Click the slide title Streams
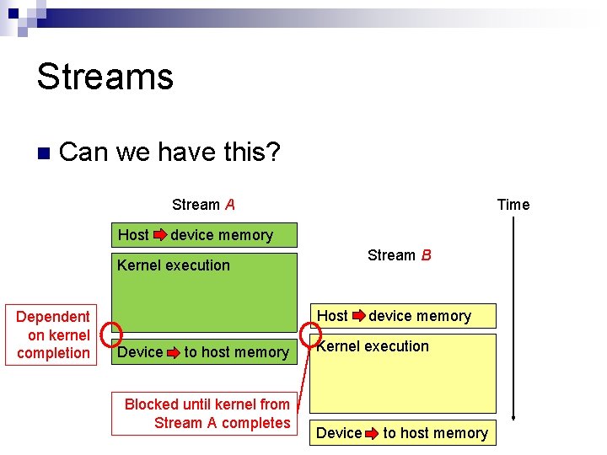[x=105, y=76]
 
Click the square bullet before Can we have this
[x=44, y=153]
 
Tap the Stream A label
[x=203, y=205]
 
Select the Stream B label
[x=399, y=255]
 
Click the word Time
[x=513, y=205]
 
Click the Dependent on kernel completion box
[x=52, y=335]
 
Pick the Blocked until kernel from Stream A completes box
[x=207, y=413]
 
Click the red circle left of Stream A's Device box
[x=112, y=335]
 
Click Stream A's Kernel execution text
[x=174, y=265]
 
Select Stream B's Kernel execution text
[x=373, y=346]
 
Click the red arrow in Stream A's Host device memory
[x=159, y=235]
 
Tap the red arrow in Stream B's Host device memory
[x=358, y=316]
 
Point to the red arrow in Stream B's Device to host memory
[x=372, y=433]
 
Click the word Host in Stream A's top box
[x=133, y=235]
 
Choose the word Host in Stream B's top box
[x=332, y=316]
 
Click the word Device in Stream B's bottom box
[x=339, y=433]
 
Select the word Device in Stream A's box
[x=140, y=352]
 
